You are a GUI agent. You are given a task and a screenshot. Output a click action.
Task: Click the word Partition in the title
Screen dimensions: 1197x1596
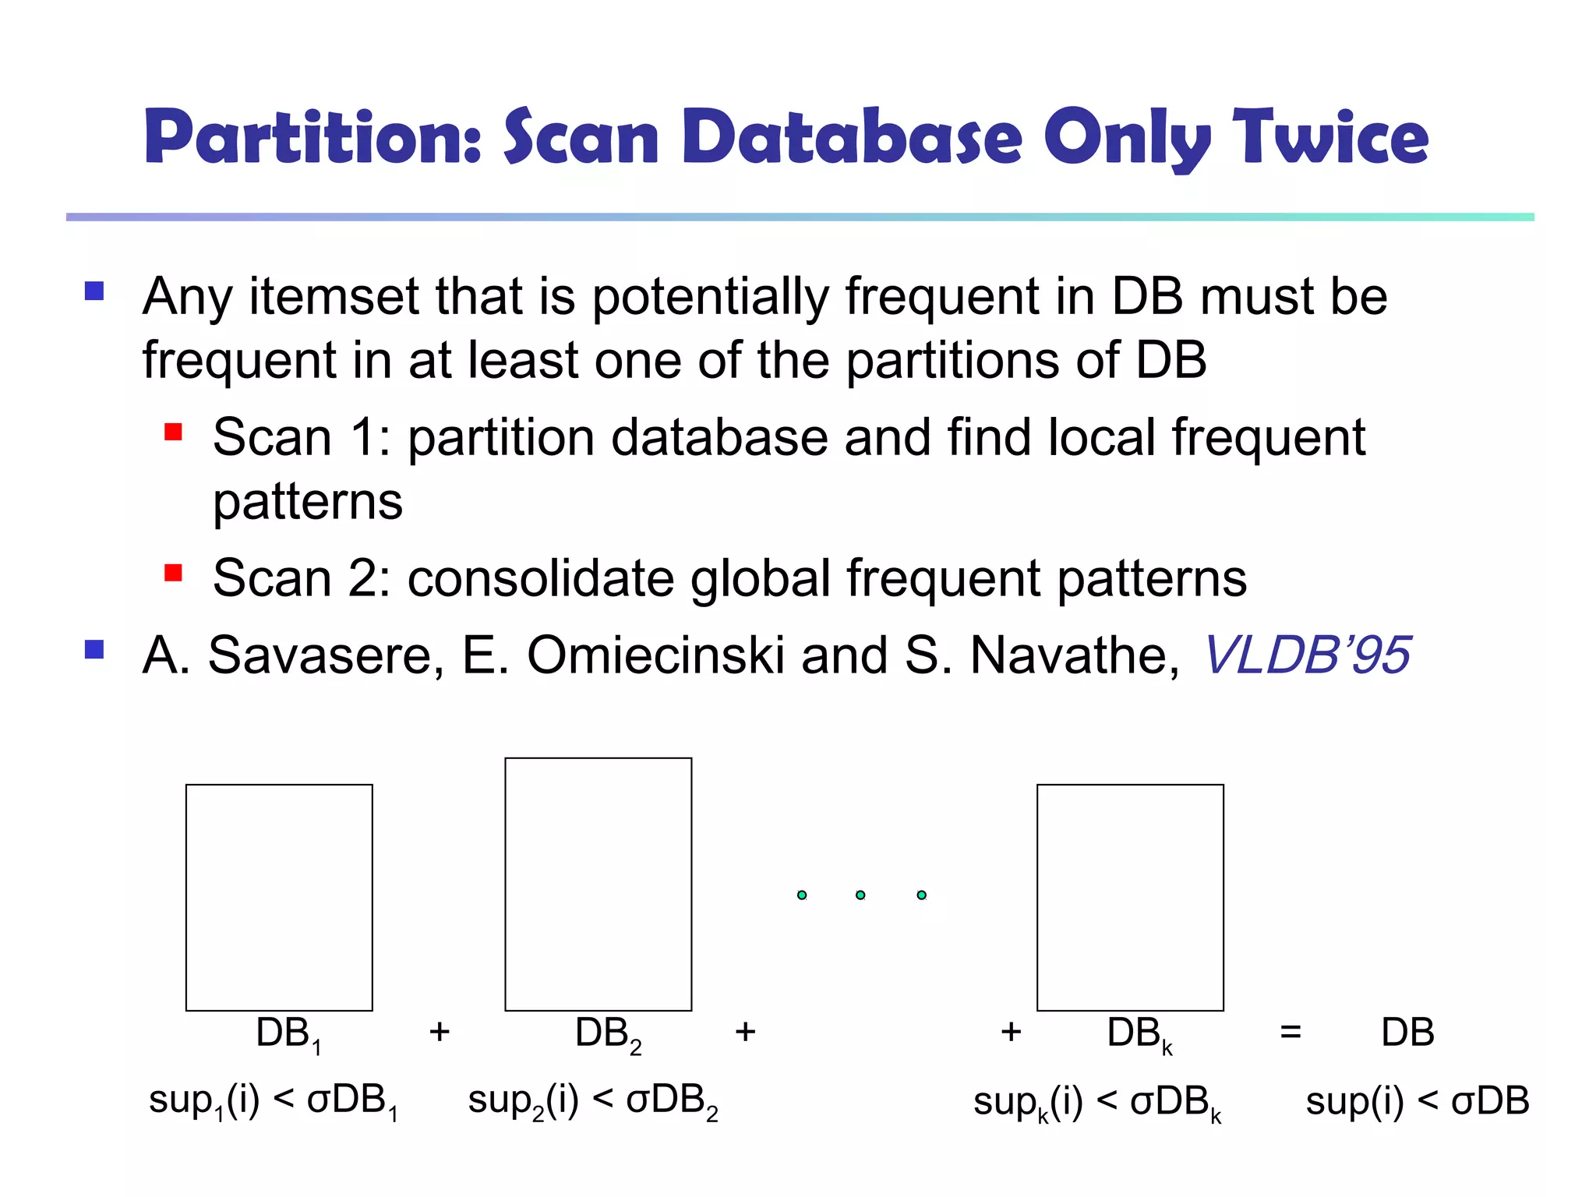(312, 138)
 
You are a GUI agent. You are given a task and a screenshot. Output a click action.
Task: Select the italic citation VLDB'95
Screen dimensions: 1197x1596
(1307, 655)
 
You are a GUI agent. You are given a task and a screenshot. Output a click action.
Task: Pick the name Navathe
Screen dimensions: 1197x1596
(1075, 655)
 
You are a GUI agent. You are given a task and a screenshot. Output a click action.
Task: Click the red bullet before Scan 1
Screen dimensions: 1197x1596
(173, 432)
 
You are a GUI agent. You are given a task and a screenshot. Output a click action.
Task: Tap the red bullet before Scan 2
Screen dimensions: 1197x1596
(173, 574)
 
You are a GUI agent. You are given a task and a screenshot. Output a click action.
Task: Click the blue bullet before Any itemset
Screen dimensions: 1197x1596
(94, 291)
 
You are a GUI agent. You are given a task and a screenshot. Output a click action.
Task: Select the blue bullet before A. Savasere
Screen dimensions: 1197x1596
(94, 649)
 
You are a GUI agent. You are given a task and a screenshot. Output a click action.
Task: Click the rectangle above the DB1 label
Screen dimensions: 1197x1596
(279, 897)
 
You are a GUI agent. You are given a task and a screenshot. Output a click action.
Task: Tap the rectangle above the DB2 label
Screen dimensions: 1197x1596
(598, 884)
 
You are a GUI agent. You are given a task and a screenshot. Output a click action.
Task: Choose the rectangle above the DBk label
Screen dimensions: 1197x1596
(1130, 897)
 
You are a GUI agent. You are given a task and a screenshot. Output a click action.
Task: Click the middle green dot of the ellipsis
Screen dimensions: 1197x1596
(860, 895)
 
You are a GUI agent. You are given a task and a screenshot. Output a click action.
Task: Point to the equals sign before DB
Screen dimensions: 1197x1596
(1291, 1033)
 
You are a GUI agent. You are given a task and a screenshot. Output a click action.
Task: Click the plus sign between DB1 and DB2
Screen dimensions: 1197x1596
(440, 1032)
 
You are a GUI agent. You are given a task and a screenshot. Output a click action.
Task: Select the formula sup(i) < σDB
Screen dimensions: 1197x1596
(1417, 1101)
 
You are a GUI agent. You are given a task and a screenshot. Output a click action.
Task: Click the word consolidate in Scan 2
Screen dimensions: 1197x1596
(540, 578)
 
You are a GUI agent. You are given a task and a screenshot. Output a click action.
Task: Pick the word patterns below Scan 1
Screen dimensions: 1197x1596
(308, 501)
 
